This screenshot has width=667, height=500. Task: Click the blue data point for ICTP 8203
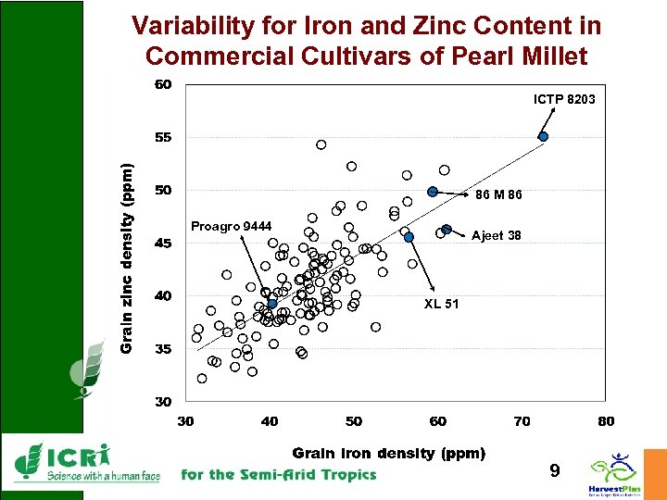[x=544, y=136]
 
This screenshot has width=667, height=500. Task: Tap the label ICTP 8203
[x=564, y=99]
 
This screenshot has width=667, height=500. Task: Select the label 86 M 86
[x=498, y=195]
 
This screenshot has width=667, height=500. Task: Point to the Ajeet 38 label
[x=496, y=235]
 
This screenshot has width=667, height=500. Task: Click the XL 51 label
[x=442, y=304]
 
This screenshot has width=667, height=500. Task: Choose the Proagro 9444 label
[x=231, y=227]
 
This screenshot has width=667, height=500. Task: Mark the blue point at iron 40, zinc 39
[x=271, y=304]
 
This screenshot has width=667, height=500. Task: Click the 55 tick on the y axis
[x=163, y=137]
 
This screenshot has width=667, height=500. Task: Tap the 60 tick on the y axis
[x=163, y=84]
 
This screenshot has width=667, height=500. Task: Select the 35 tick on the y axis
[x=163, y=349]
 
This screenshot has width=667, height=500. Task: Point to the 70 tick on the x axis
[x=522, y=421]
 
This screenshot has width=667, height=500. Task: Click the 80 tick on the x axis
[x=606, y=421]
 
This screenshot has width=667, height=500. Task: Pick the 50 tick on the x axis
[x=354, y=421]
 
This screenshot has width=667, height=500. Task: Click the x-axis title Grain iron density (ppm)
[x=389, y=453]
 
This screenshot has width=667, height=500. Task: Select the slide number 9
[x=554, y=471]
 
